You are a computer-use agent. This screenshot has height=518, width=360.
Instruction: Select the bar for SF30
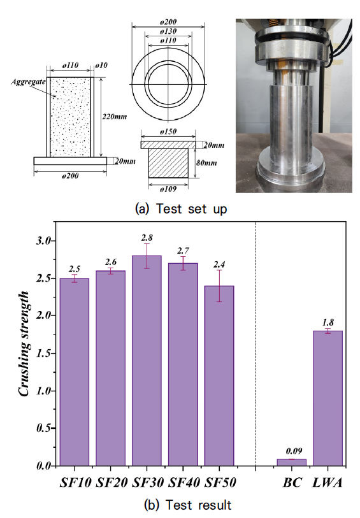147,361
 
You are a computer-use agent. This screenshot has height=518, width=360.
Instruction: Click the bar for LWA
328,398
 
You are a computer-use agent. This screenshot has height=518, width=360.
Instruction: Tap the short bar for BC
292,462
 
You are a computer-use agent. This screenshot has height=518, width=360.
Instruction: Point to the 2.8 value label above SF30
147,238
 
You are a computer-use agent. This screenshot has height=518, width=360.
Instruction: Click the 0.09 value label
294,451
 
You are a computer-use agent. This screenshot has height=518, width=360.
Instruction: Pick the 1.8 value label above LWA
328,322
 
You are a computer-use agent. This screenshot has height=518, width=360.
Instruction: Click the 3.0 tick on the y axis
44,240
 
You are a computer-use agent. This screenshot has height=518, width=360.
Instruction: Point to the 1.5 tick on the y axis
44,353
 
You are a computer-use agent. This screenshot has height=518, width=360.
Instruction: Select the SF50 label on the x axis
220,483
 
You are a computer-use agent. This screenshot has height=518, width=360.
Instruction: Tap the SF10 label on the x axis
75,483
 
